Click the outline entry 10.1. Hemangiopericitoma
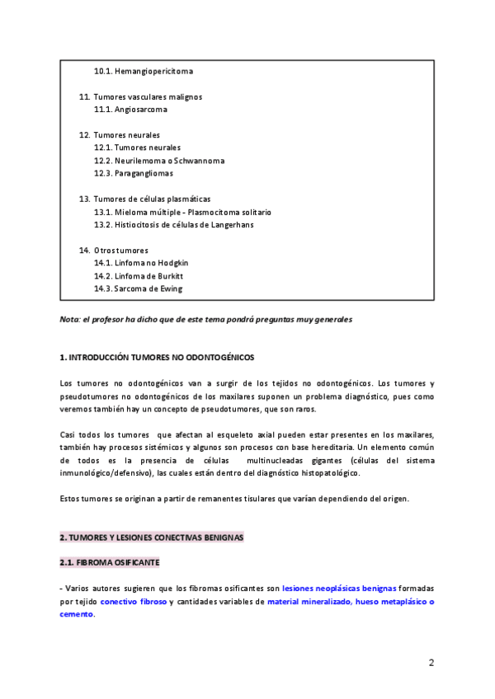pos(144,71)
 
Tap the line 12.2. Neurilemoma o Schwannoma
pos(158,161)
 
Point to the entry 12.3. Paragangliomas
pos(133,173)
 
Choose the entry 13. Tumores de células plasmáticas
pos(145,199)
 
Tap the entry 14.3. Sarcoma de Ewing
pos(138,289)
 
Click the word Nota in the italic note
pos(69,319)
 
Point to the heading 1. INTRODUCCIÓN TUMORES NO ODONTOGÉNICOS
pos(158,358)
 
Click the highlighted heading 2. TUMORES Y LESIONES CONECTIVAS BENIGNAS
pos(151,537)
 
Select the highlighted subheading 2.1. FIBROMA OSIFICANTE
pos(110,563)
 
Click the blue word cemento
pos(77,614)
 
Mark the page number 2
pos(431,663)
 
